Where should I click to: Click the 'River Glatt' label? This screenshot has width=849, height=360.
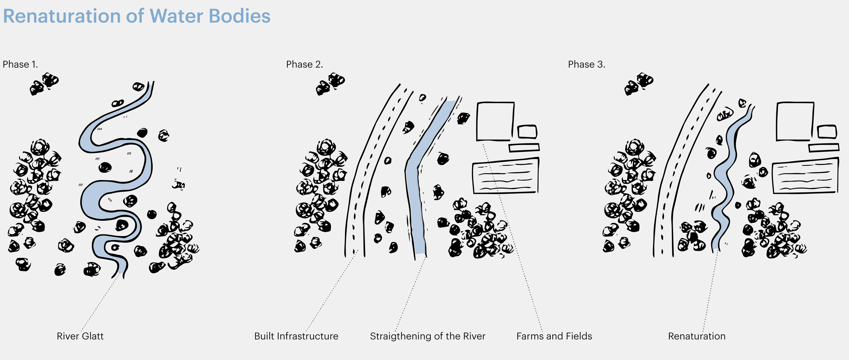(80, 336)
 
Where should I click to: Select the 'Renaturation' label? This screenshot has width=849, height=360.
(697, 336)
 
